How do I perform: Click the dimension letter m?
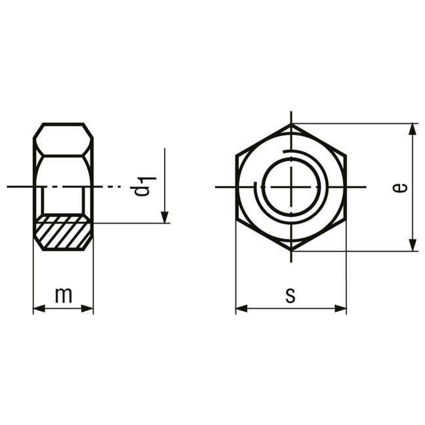coord(64,295)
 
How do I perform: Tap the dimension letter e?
coord(400,188)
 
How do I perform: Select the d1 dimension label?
coord(143,186)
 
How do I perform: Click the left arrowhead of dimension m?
coord(39,308)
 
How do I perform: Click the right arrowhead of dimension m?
coord(87,308)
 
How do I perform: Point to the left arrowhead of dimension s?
coord(241,308)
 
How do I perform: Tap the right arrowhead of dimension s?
coord(340,308)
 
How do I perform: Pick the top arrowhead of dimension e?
coord(413,129)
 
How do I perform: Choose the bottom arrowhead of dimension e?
coord(413,245)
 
